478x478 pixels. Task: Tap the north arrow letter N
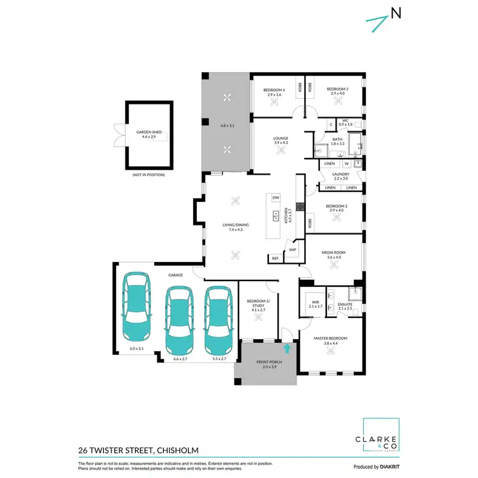[396, 13]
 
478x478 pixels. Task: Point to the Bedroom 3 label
[338, 90]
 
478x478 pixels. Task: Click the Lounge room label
[281, 138]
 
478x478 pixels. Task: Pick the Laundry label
[340, 174]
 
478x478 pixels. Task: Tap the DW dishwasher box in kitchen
[276, 198]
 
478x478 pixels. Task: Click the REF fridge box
[275, 258]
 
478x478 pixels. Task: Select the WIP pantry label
[293, 250]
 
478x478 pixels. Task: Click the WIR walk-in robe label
[315, 302]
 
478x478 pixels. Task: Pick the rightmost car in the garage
[219, 319]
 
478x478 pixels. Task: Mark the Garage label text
[176, 275]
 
